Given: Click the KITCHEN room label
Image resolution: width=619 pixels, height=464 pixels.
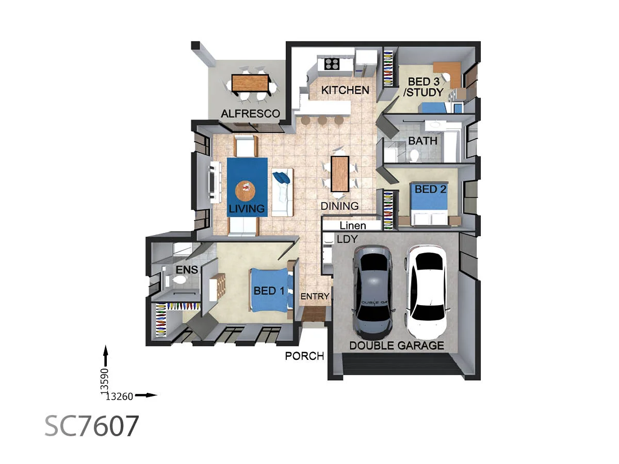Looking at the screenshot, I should click(345, 90).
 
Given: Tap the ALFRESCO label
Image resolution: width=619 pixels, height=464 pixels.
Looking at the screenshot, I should click(250, 113).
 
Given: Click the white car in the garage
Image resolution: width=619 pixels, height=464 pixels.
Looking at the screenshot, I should click(428, 289).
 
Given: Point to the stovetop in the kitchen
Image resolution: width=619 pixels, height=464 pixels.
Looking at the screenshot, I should click(332, 64).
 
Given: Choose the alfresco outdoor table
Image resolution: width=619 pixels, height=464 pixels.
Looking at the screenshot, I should click(250, 83).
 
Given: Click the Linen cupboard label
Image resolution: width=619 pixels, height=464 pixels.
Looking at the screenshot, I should click(353, 225).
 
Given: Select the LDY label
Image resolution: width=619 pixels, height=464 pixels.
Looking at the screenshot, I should click(347, 239).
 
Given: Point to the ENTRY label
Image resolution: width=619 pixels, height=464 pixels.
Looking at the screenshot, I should click(314, 296).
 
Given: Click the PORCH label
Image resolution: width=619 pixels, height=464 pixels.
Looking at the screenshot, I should click(304, 356).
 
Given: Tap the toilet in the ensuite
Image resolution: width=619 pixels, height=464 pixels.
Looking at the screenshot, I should click(180, 280).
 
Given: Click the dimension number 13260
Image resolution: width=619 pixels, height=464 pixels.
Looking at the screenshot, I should click(119, 396).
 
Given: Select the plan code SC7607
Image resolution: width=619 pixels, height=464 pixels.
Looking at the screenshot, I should click(92, 426).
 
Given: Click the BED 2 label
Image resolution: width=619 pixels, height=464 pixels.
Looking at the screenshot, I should click(430, 189).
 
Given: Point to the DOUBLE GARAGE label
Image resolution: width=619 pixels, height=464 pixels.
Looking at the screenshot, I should click(397, 345).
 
